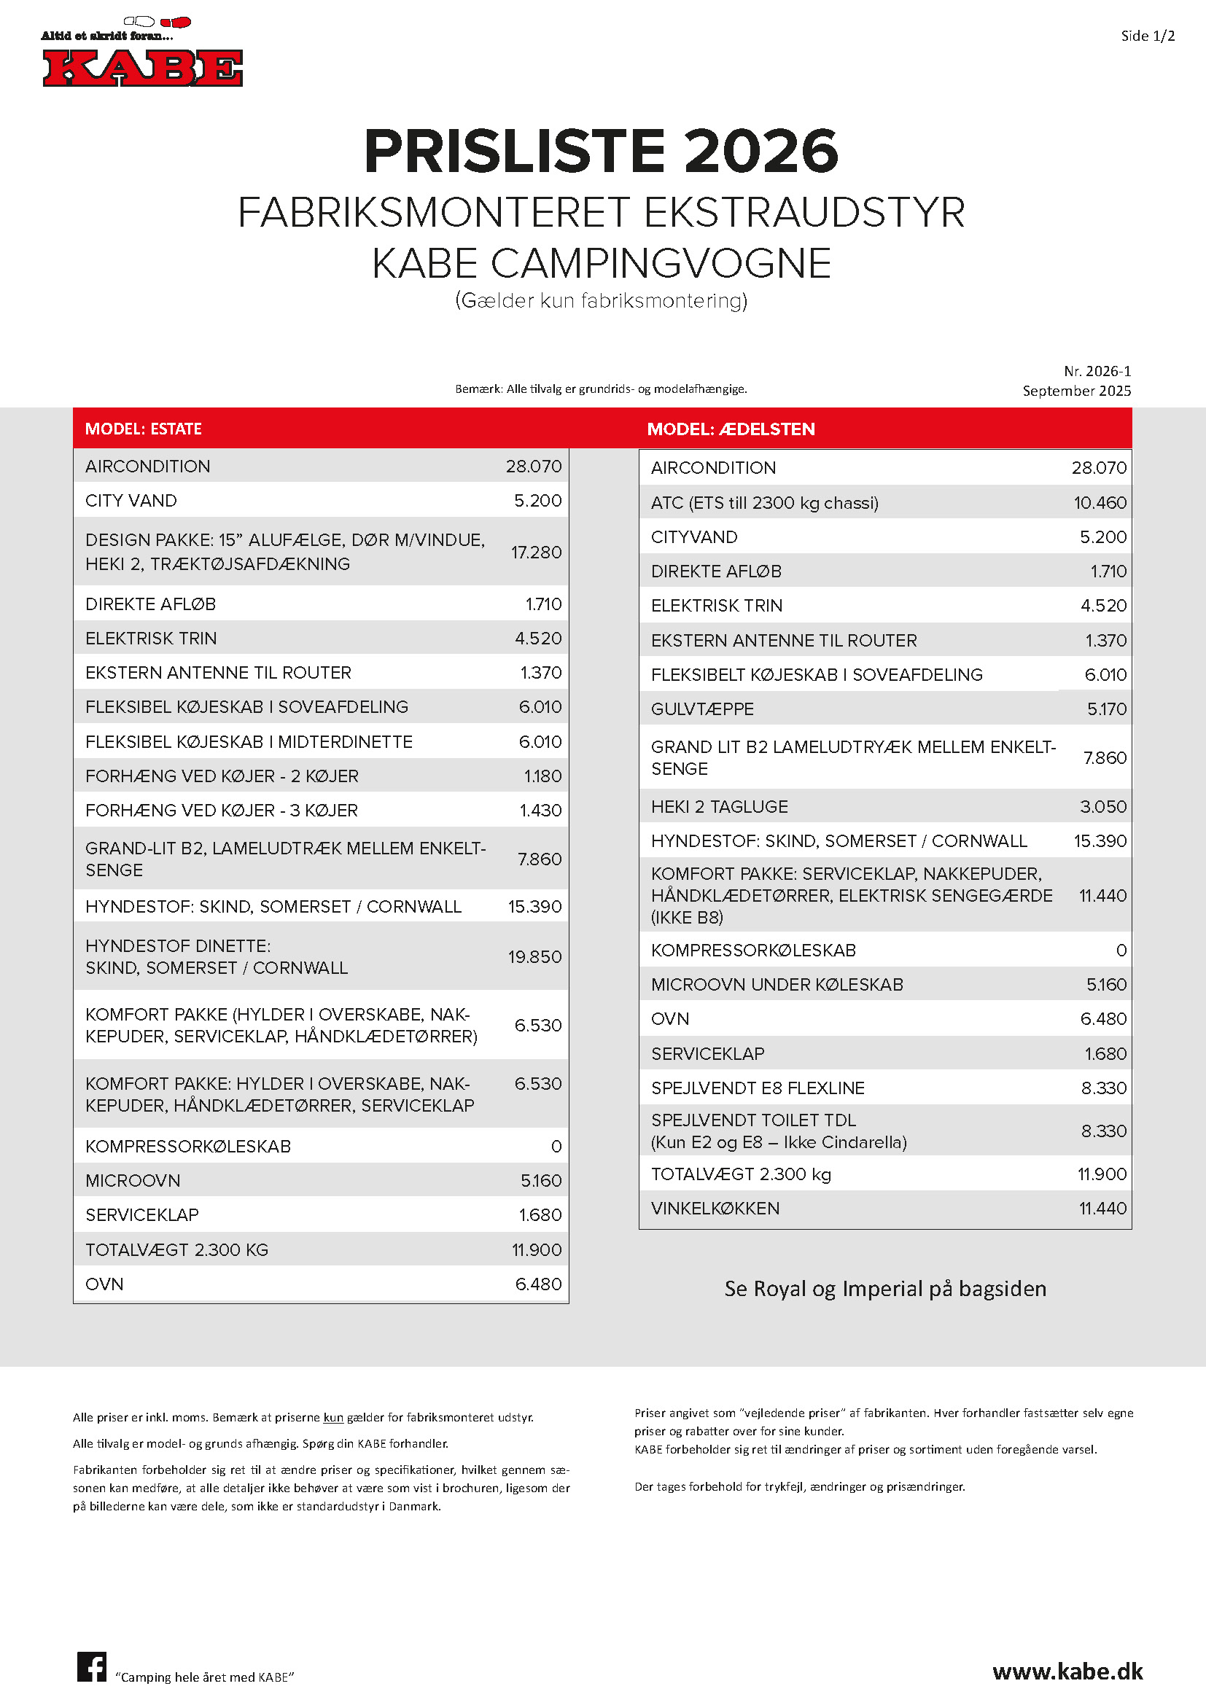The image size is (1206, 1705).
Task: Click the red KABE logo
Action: (143, 68)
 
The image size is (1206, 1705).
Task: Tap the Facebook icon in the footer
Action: (91, 1666)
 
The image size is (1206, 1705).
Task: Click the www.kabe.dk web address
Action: (1067, 1671)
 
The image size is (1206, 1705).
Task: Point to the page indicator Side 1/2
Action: (1148, 36)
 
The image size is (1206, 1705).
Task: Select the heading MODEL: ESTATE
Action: (144, 429)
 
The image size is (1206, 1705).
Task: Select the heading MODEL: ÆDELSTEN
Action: (731, 429)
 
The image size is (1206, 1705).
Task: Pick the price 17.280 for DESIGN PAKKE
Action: (536, 552)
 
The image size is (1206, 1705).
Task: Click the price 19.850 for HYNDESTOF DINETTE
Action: (534, 956)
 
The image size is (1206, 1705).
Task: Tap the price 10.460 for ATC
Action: (1100, 503)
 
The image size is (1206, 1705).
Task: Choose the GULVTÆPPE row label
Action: (701, 709)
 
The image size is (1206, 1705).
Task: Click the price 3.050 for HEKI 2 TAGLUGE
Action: (1102, 806)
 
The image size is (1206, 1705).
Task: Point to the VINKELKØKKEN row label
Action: (715, 1208)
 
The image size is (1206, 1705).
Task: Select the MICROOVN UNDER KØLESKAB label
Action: (777, 985)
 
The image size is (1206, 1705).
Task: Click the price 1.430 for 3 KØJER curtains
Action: (540, 810)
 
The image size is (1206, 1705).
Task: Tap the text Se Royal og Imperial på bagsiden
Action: (885, 1288)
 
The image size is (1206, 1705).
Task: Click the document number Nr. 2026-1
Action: (1097, 371)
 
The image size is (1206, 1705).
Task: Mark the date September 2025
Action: (1076, 391)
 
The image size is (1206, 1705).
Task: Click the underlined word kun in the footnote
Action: (333, 1418)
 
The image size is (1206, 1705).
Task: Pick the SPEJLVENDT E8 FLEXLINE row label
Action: (758, 1088)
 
